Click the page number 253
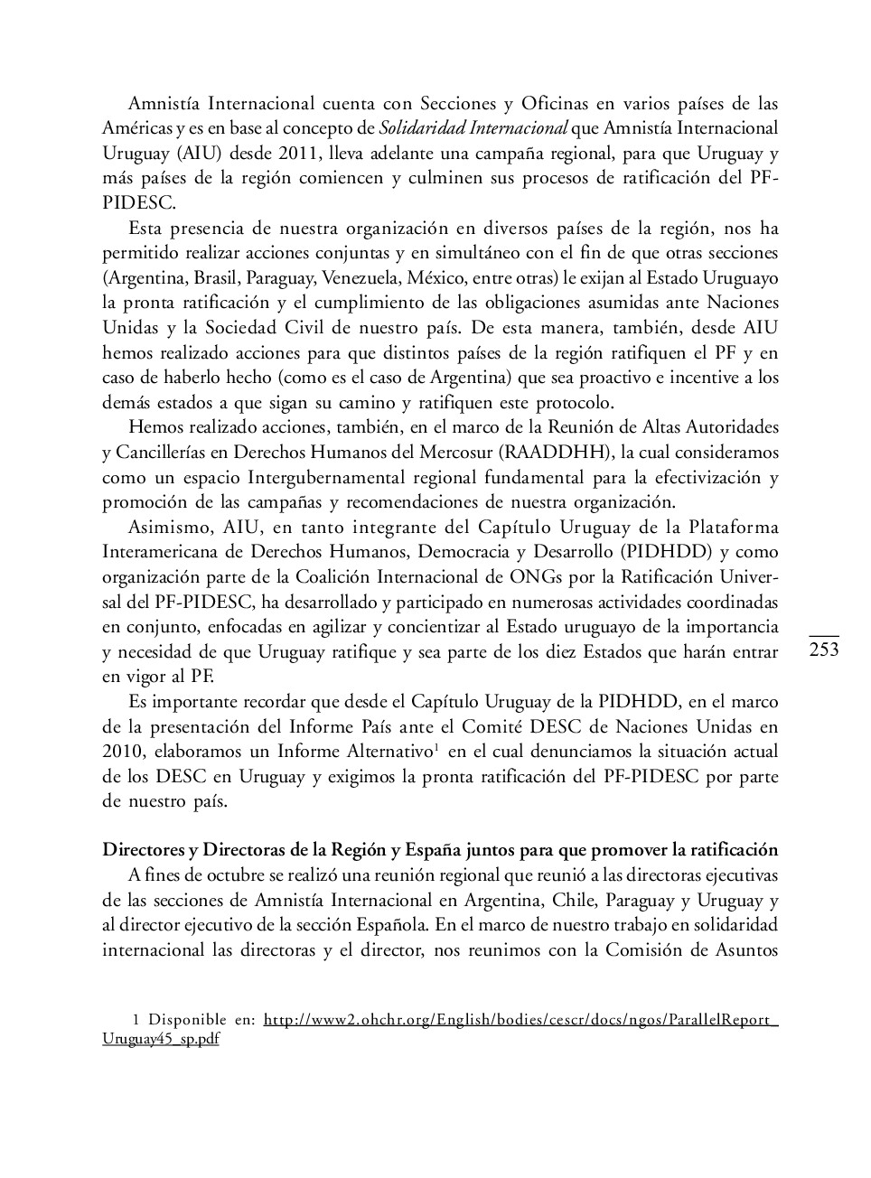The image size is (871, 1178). (824, 650)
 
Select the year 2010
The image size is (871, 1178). (122, 752)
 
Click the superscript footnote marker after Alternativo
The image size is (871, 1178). (436, 746)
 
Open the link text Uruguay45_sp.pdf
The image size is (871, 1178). (161, 1039)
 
